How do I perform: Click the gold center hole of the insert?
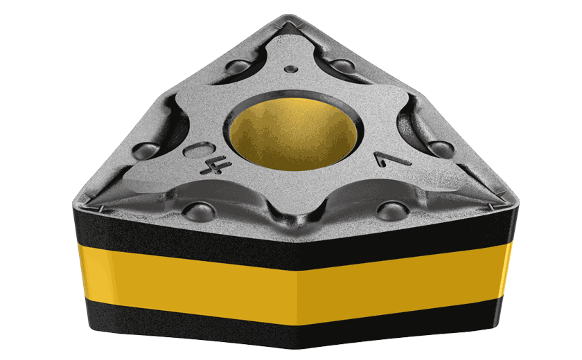coord(293,133)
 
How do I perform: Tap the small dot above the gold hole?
coord(292,69)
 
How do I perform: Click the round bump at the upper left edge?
coord(238,67)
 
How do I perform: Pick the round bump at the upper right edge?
coord(342,65)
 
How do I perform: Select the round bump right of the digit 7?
coord(441,148)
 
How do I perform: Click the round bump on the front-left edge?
coord(200,212)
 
